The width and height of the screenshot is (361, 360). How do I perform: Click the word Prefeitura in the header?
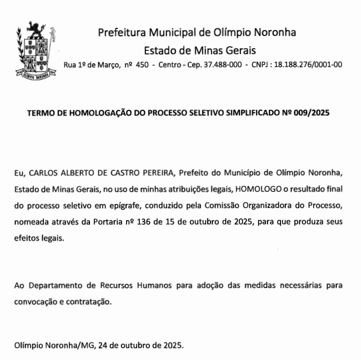[122, 32]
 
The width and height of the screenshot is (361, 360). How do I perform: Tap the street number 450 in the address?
[142, 65]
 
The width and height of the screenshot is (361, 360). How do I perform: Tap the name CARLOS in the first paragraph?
[44, 173]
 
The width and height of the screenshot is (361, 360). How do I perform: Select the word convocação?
[36, 302]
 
